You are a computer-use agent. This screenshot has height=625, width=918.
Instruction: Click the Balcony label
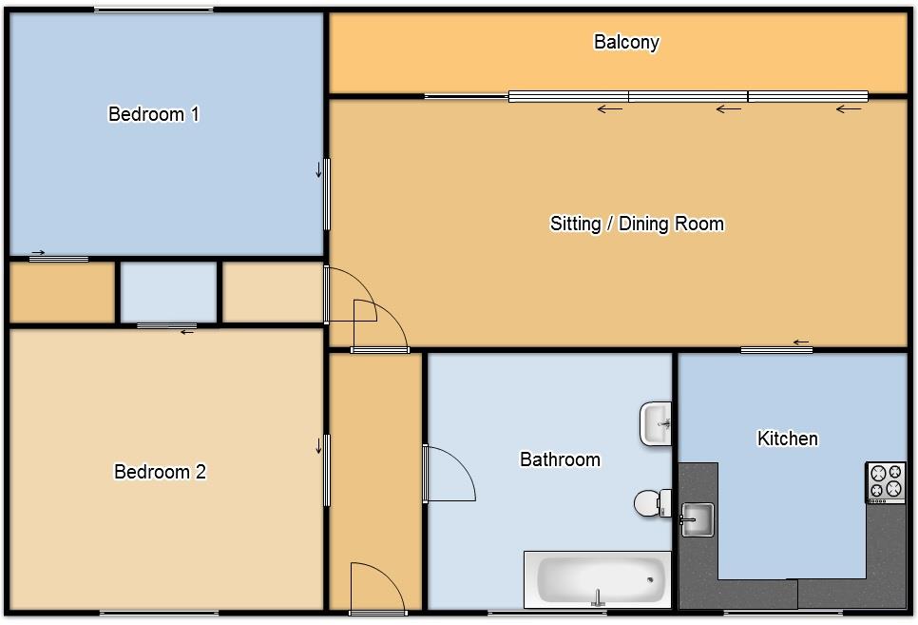(626, 42)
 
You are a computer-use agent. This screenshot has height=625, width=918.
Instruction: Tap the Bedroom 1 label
(154, 114)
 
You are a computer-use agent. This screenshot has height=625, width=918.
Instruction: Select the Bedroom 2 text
(160, 472)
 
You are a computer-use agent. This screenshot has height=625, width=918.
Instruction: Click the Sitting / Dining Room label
(637, 224)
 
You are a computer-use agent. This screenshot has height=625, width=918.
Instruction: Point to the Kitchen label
(788, 438)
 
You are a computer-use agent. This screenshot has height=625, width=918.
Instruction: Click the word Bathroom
(561, 459)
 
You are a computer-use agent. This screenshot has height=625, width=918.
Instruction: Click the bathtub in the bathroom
(597, 580)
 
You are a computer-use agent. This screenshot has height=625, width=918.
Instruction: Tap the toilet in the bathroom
(653, 503)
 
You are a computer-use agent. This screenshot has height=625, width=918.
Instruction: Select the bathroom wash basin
(656, 423)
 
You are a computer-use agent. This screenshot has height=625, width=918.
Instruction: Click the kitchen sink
(697, 519)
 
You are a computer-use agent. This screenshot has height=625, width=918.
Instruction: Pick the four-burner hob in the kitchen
(886, 482)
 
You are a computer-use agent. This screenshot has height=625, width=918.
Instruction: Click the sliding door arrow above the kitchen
(801, 342)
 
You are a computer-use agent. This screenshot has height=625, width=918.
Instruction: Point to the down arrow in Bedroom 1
(319, 169)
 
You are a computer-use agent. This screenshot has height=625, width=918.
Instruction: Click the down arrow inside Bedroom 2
(319, 445)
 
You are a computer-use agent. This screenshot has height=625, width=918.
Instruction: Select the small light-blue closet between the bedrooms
(168, 292)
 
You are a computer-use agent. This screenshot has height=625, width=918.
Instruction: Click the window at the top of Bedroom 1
(153, 10)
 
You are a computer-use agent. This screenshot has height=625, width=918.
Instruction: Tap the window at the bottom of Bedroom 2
(160, 614)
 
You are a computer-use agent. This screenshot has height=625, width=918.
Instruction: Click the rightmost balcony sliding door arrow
(849, 109)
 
